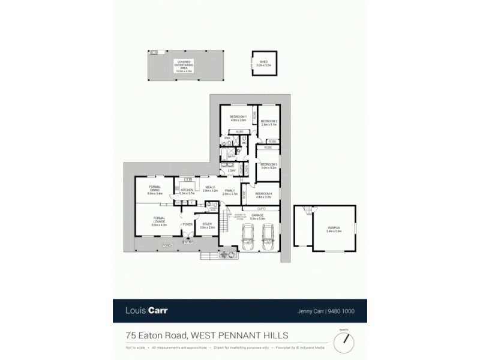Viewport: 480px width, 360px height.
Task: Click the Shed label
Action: pos(263,63)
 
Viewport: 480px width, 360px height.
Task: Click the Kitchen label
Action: pos(186,191)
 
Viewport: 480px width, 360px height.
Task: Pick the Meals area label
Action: pos(209,188)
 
